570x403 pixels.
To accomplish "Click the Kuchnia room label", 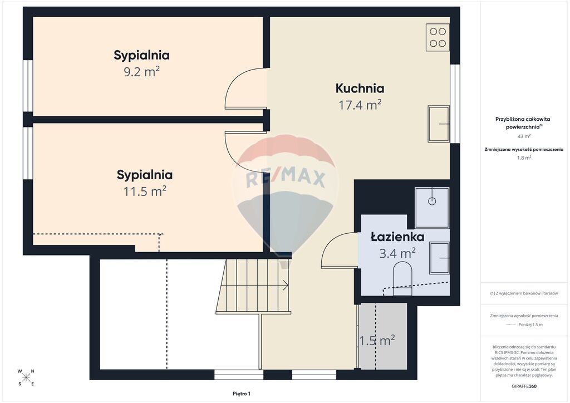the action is tap(360, 89).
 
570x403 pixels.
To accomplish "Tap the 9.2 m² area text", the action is tap(142, 72).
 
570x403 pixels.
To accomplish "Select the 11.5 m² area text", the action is tap(145, 191).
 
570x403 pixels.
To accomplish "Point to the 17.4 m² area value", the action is tap(360, 105).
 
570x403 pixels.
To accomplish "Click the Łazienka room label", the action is tap(397, 237).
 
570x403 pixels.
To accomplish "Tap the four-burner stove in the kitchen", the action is tap(438, 37).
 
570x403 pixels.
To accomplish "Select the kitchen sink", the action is tap(439, 124).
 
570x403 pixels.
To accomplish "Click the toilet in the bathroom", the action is tap(402, 278).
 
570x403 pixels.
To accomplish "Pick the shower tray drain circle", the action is tap(432, 201).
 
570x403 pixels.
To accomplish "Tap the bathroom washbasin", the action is tap(440, 258).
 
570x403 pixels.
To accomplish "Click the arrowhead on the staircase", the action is tap(286, 286).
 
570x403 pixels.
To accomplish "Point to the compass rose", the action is tap(26, 377).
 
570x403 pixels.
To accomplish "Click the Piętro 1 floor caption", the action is tap(242, 394).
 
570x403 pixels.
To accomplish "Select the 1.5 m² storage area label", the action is tap(377, 341).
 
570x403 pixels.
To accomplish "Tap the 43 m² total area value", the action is tap(524, 136).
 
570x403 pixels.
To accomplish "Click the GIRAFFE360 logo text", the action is tap(524, 386).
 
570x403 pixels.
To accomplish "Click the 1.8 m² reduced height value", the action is tap(524, 158).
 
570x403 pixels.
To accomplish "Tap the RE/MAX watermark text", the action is tap(286, 179).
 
